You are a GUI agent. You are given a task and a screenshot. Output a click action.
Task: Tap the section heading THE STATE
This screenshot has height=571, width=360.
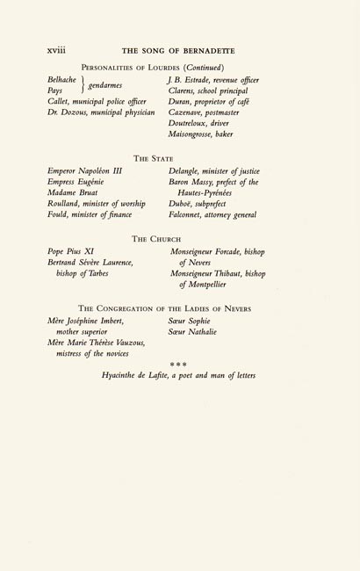178,157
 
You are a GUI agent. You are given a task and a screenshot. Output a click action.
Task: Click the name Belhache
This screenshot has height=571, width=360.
65,79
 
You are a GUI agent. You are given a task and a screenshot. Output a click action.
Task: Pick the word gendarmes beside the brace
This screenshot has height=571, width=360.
103,85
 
